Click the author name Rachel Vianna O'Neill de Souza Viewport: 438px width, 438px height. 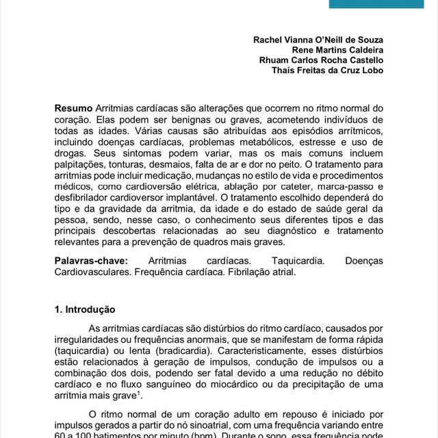(x=319, y=39)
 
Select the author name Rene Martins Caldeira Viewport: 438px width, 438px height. (x=338, y=49)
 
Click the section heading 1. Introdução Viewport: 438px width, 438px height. (x=85, y=309)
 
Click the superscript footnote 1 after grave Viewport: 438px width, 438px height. (x=139, y=393)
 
